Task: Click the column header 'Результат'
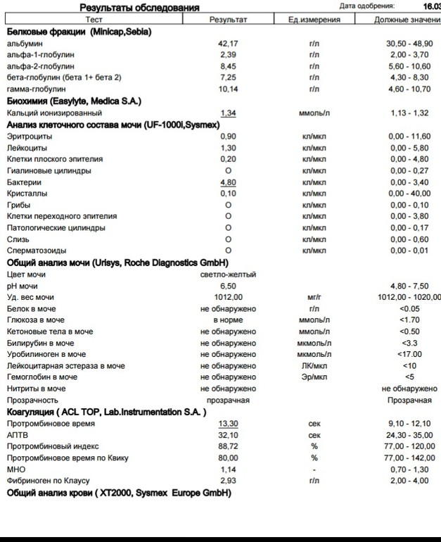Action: (x=228, y=20)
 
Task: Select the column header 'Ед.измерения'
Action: (x=314, y=20)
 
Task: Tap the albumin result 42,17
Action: (x=228, y=44)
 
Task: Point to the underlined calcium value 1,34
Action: (x=228, y=113)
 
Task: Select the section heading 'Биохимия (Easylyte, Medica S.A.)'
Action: (x=74, y=101)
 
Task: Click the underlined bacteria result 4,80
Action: (x=228, y=182)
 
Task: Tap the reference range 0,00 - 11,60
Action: (x=409, y=136)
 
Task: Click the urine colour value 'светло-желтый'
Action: (x=228, y=275)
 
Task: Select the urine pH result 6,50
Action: (x=228, y=286)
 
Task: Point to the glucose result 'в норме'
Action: (x=228, y=320)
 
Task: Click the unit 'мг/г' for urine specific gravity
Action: (x=314, y=297)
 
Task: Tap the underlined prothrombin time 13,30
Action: (x=228, y=424)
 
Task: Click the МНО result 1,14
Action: (x=228, y=469)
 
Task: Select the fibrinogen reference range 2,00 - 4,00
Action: (x=409, y=481)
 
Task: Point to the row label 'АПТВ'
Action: (x=17, y=435)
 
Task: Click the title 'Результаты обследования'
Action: (x=139, y=7)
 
